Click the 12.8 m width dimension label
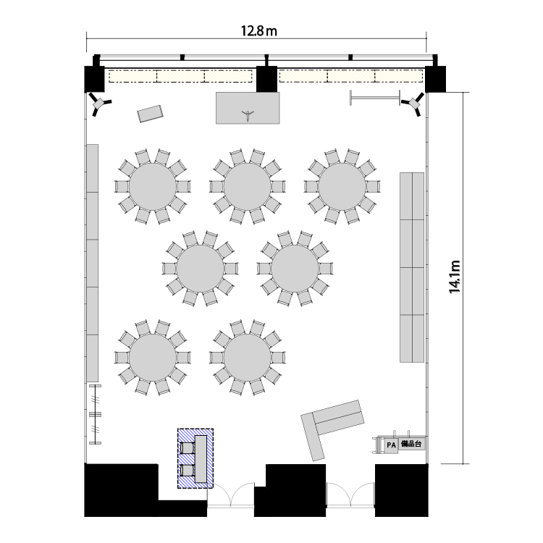click(x=259, y=31)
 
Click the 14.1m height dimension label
click(x=455, y=277)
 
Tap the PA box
click(x=391, y=445)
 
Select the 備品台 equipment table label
click(x=411, y=444)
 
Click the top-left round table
click(x=153, y=186)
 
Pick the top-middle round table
click(x=248, y=186)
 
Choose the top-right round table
click(x=342, y=186)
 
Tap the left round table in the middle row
click(x=200, y=269)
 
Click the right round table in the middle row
click(x=295, y=269)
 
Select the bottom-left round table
click(x=153, y=358)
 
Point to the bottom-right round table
click(x=248, y=358)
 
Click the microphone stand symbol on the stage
click(x=248, y=114)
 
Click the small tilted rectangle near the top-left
click(x=150, y=114)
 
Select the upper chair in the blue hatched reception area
click(x=188, y=447)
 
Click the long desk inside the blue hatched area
click(x=201, y=458)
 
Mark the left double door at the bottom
click(x=231, y=494)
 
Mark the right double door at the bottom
click(x=350, y=494)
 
